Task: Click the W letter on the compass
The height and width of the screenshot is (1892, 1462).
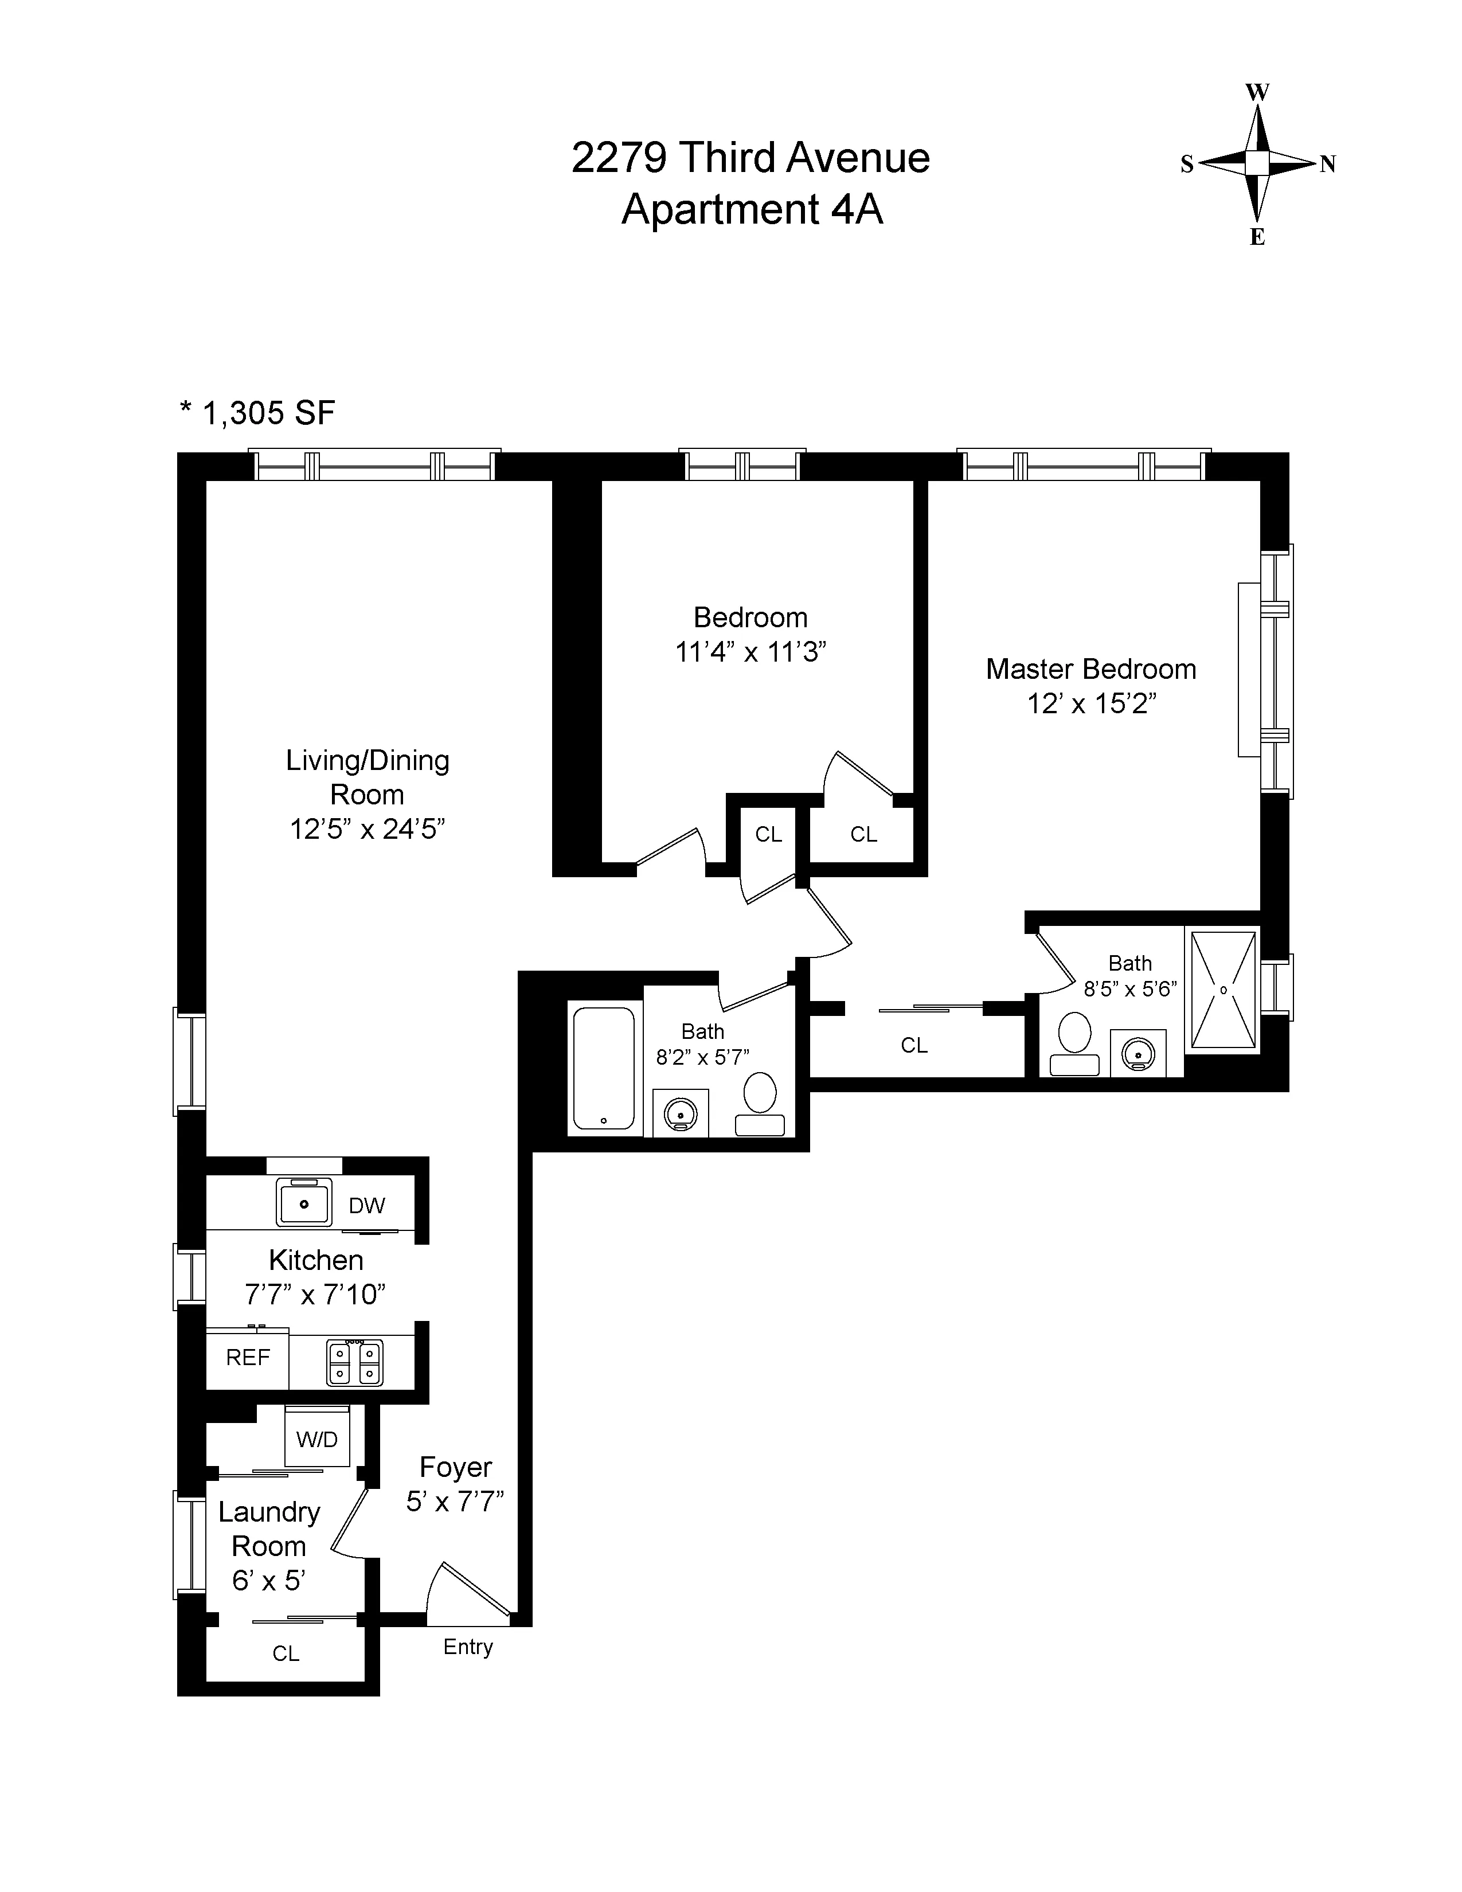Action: pos(1257,93)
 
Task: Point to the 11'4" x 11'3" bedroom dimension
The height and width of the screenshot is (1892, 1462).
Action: pos(750,651)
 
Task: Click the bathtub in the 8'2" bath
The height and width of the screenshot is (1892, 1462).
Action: pos(604,1068)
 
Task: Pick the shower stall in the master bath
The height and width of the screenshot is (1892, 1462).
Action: pos(1223,990)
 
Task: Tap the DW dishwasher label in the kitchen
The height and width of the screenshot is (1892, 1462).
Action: pos(366,1206)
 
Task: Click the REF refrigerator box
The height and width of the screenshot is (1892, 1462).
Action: pos(248,1358)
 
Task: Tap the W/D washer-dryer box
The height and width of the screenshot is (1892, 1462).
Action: pos(317,1440)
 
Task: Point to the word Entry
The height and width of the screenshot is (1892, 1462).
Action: pos(468,1647)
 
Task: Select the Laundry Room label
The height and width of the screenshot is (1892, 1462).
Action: pos(268,1529)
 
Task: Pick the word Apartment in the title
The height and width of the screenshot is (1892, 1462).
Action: pos(720,210)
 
